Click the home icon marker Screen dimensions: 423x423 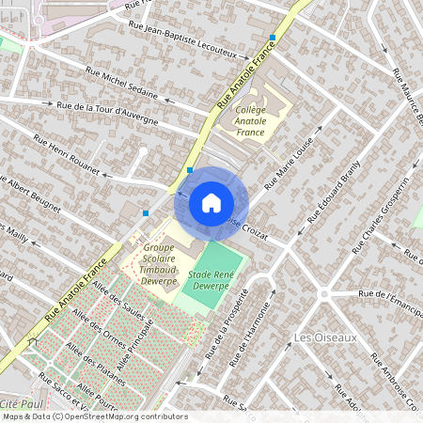[211, 202]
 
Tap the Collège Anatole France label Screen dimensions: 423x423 [250, 120]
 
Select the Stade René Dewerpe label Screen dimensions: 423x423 [211, 278]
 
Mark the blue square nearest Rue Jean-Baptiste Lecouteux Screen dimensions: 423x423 [273, 38]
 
